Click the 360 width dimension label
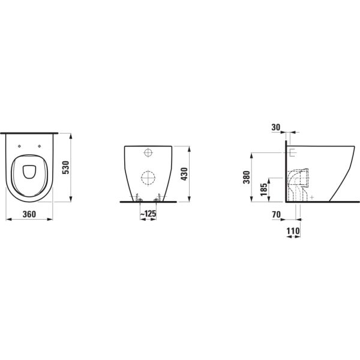point(29,214)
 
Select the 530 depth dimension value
point(67,167)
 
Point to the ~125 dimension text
point(148,214)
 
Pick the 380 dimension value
point(246,177)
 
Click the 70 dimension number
point(276,212)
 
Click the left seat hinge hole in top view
point(20,145)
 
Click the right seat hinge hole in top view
point(40,145)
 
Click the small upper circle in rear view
point(148,153)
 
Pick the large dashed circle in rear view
point(148,178)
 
